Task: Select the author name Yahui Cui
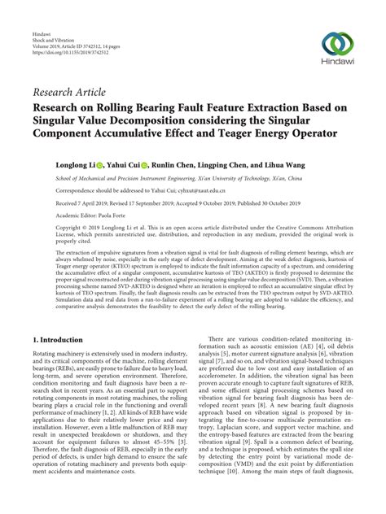click(x=130, y=163)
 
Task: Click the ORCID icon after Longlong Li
click(x=104, y=163)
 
